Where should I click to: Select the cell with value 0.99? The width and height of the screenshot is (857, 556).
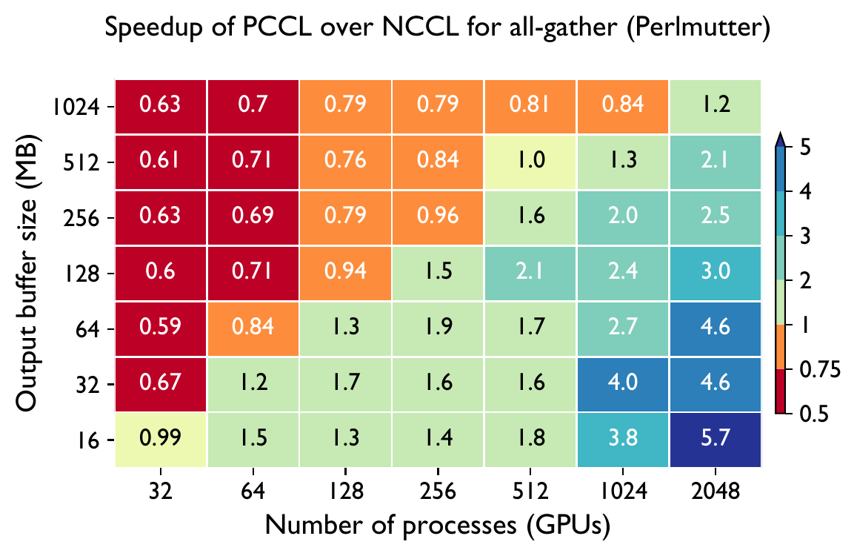tap(161, 440)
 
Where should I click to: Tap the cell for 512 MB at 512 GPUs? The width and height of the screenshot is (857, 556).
tap(530, 162)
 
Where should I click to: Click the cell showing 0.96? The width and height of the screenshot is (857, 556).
tap(438, 217)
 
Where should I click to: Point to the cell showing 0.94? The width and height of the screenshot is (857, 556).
tap(345, 273)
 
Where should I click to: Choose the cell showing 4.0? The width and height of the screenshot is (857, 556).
tap(623, 384)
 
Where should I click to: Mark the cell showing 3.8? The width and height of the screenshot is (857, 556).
tap(623, 440)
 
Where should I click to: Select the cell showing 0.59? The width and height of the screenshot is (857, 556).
tap(161, 328)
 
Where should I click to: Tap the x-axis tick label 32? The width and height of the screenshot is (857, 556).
tap(161, 491)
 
